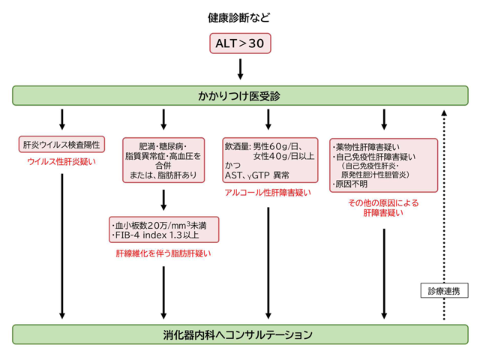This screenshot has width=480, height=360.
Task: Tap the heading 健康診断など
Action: point(240,16)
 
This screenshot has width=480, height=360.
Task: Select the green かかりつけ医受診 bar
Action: point(240,95)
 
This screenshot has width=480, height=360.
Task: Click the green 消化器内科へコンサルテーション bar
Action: point(240,333)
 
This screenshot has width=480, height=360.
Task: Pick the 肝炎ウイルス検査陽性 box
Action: point(62,144)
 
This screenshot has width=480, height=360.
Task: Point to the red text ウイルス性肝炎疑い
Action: point(62,161)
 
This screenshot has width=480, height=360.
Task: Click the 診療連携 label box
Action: point(442,289)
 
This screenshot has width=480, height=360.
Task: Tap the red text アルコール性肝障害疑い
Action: point(268,193)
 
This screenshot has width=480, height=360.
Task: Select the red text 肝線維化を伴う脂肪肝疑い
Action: point(163,253)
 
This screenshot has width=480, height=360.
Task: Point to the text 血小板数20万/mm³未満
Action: point(161,224)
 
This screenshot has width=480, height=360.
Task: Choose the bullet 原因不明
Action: point(352,184)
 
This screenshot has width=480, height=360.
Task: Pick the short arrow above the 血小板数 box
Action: point(163,199)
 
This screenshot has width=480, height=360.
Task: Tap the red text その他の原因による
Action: point(383,203)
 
